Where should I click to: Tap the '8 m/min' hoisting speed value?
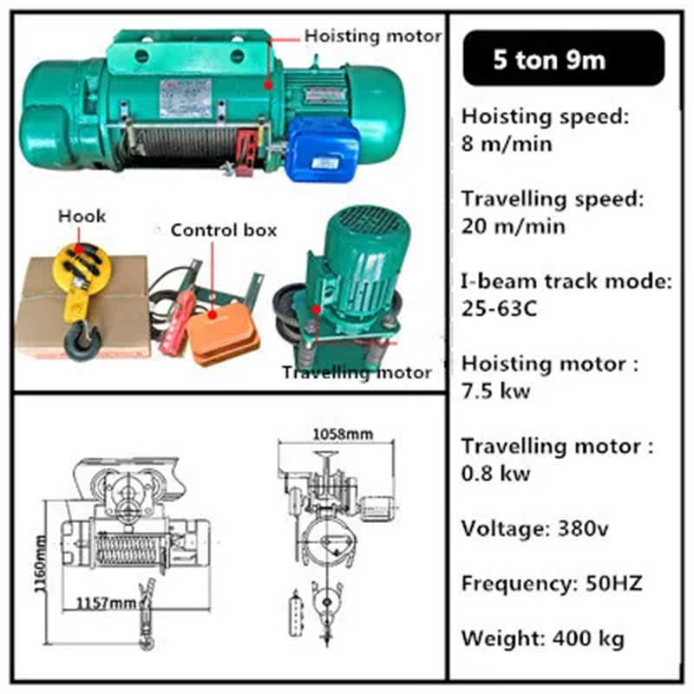click(505, 143)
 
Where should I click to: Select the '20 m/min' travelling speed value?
click(513, 226)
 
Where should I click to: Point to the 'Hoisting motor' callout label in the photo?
click(372, 36)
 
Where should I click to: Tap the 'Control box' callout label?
click(224, 230)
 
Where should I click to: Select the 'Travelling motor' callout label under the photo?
click(356, 373)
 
